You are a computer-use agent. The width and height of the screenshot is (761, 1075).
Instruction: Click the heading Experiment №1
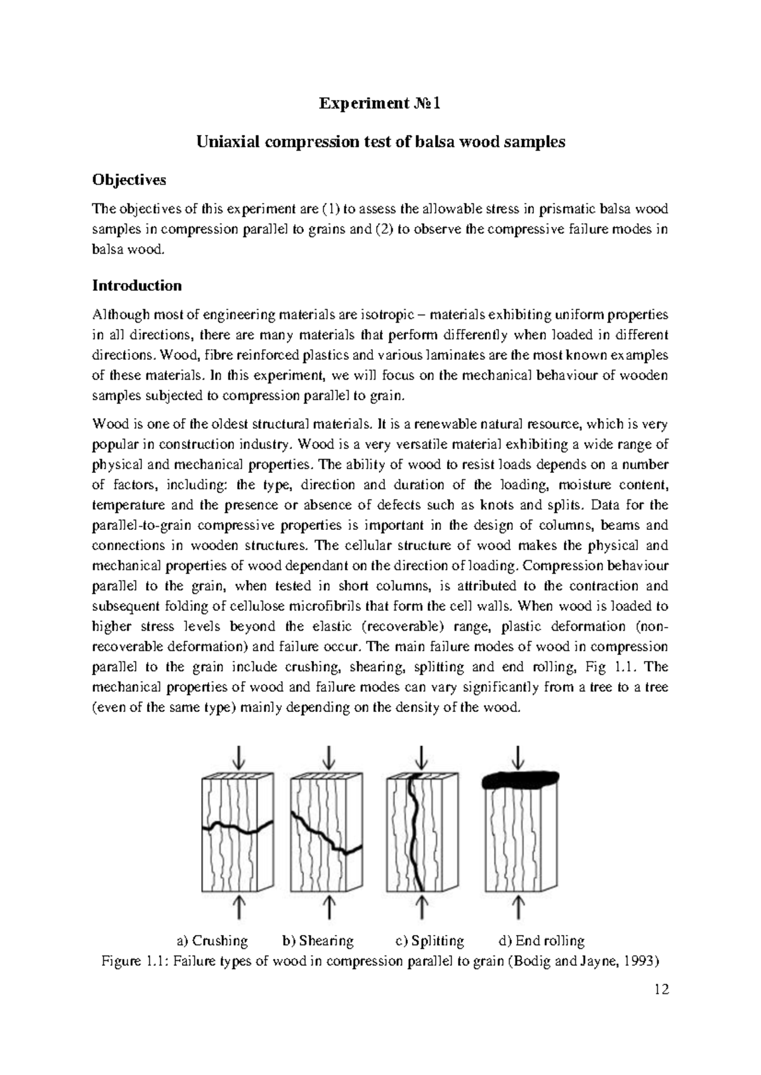click(379, 103)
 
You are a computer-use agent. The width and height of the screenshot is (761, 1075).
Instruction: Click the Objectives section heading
click(129, 180)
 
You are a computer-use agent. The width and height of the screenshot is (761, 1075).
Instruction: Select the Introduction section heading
click(137, 285)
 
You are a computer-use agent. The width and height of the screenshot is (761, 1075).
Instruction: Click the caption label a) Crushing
click(212, 941)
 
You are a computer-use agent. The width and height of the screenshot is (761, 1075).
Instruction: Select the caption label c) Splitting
click(429, 941)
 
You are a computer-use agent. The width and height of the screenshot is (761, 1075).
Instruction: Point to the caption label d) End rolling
click(542, 941)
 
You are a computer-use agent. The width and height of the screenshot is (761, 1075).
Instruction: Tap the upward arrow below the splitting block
click(422, 905)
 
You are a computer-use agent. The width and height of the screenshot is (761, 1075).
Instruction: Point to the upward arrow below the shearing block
click(328, 905)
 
